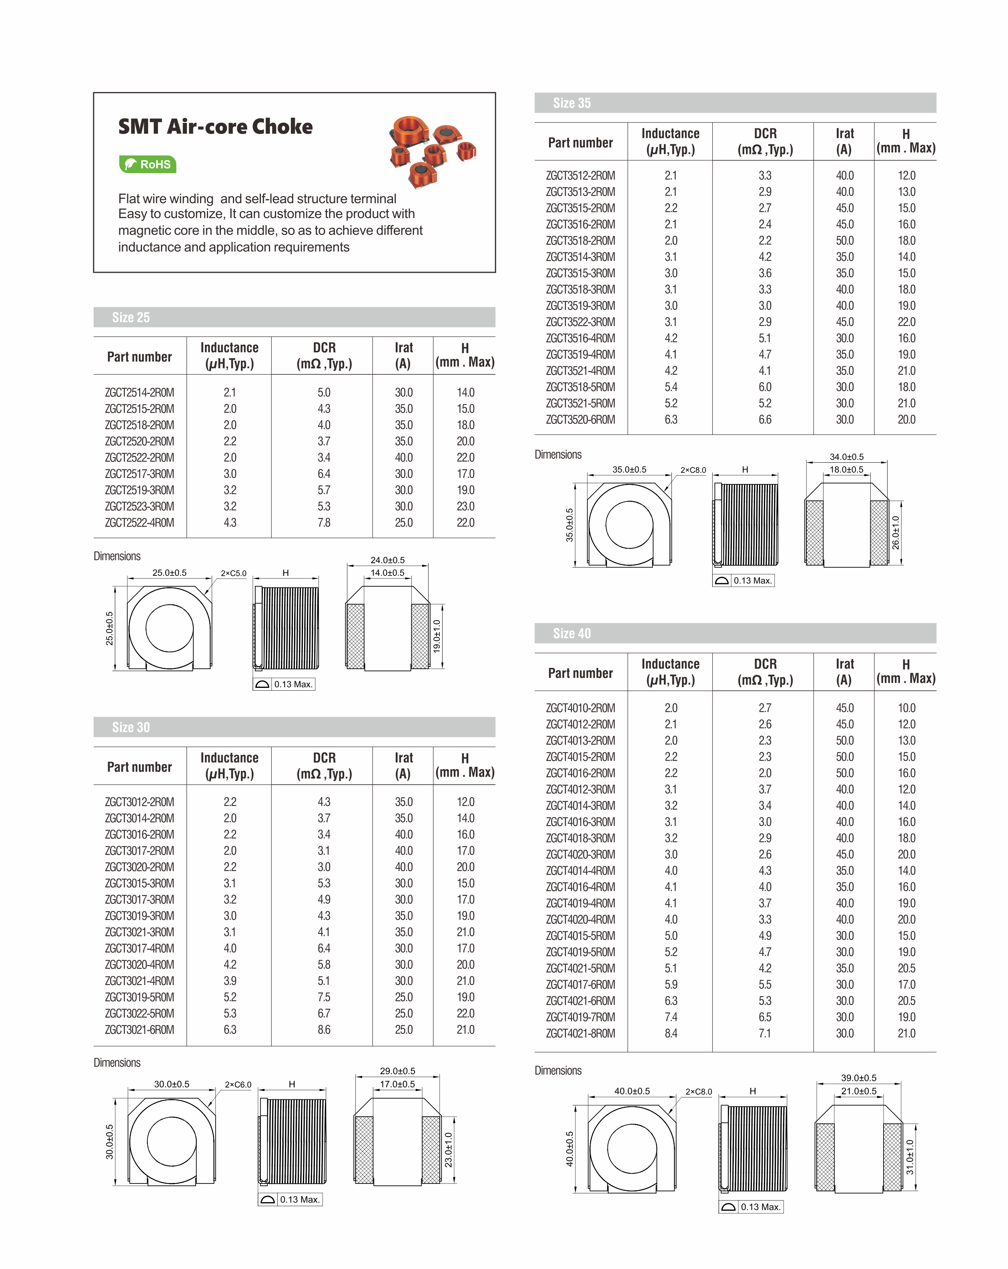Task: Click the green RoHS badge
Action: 147,164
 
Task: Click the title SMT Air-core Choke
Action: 216,126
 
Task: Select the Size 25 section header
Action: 131,317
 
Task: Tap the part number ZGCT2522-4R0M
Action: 140,523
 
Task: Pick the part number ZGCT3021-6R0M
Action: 140,1029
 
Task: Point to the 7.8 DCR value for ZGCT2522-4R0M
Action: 324,523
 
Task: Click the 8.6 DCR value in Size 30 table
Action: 324,1029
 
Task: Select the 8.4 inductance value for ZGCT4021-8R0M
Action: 671,1033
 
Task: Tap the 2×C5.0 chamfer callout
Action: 234,573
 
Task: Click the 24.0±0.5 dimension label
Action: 387,560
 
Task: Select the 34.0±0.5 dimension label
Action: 847,457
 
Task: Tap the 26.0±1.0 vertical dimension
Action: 896,533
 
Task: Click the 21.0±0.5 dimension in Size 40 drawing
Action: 858,1091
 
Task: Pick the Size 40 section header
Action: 572,634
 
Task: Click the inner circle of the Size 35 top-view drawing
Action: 629,524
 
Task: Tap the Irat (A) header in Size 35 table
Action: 844,141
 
